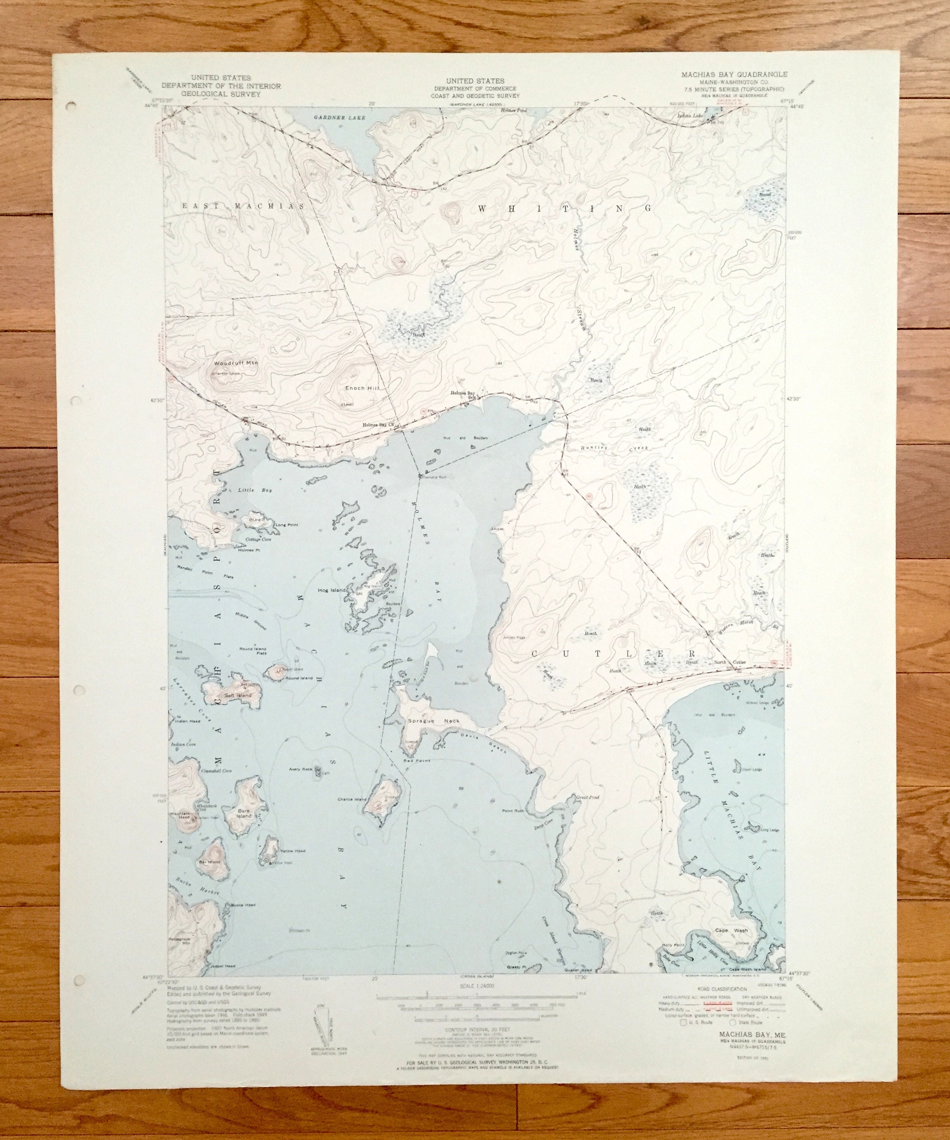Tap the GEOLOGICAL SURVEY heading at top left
pos(221,93)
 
